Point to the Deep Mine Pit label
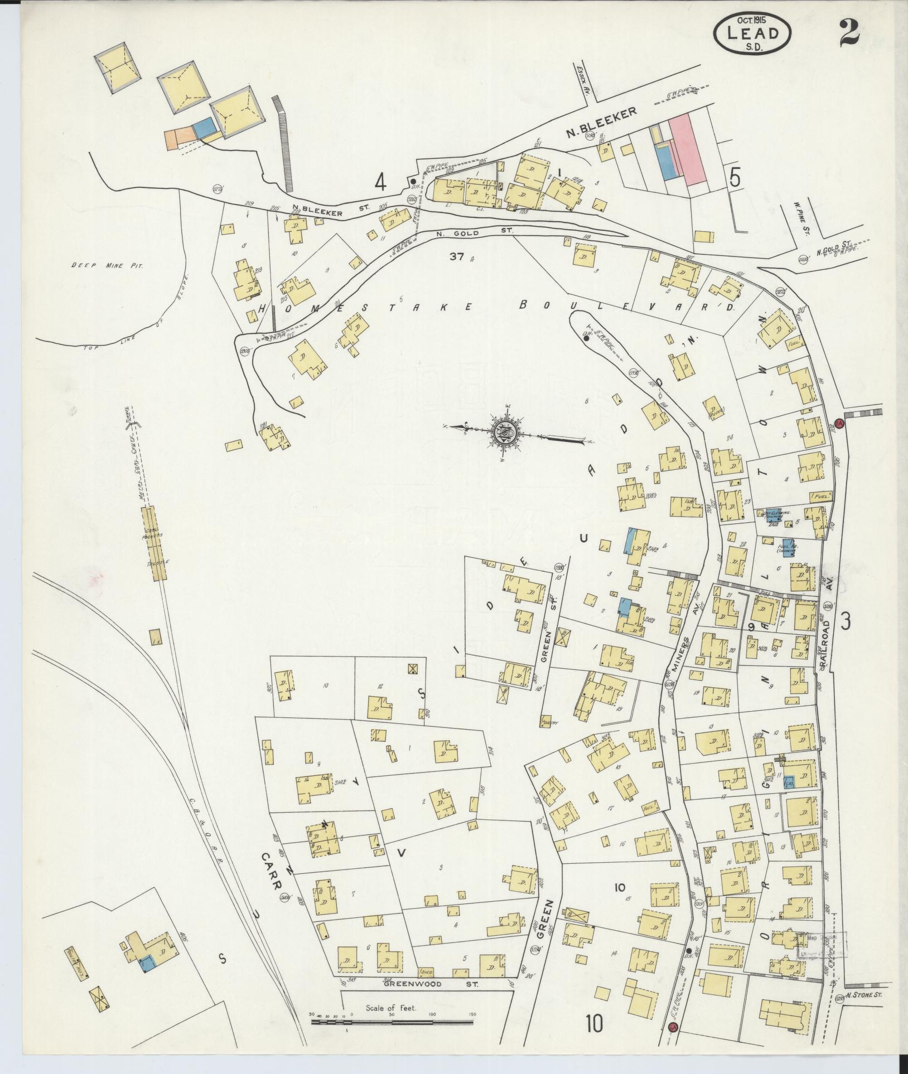pyautogui.click(x=108, y=266)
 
